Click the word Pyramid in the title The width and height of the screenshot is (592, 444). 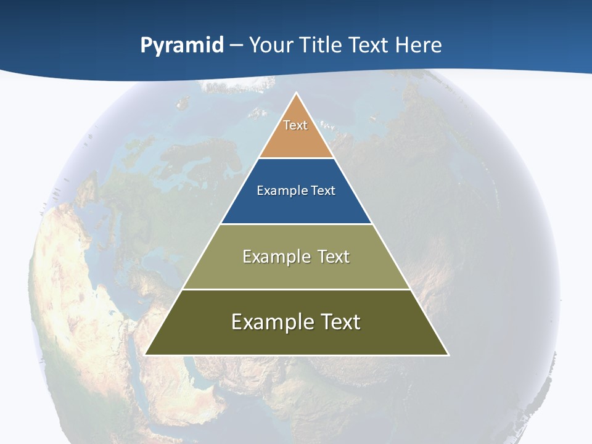pos(182,46)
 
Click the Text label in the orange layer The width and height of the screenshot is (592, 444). pos(295,125)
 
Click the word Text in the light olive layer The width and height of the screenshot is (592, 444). pos(334,257)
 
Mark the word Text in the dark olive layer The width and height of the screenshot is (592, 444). pos(340,322)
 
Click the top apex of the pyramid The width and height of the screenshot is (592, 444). pos(297,94)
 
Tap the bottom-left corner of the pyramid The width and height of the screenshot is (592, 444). pos(146,354)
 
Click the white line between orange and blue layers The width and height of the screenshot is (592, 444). pos(297,158)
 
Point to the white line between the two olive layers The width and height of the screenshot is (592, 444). pos(297,289)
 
